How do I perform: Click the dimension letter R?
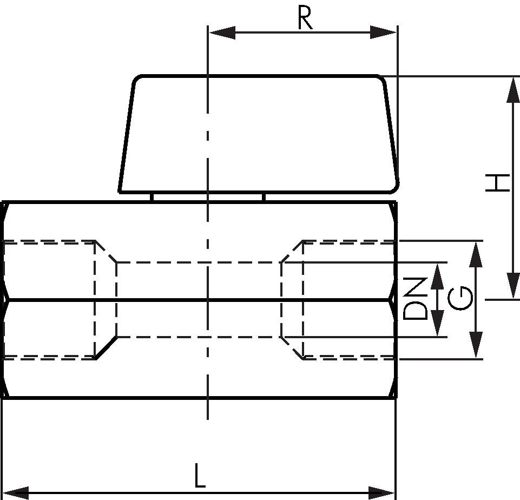click(x=305, y=18)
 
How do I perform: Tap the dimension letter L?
click(x=200, y=476)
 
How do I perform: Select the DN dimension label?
click(x=416, y=299)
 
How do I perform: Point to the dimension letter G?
click(x=459, y=299)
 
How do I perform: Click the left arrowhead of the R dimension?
click(x=222, y=32)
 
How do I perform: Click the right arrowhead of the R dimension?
click(x=383, y=32)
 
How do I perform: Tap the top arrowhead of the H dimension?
click(x=514, y=89)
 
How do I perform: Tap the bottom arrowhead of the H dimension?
click(x=514, y=285)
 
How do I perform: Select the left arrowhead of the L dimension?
click(x=15, y=493)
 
